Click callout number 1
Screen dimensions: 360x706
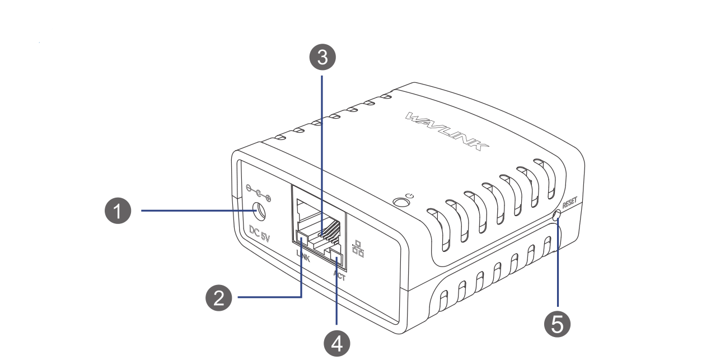tap(118, 211)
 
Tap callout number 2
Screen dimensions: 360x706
tap(219, 297)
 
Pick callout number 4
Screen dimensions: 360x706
tap(336, 342)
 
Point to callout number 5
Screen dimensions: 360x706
tap(558, 324)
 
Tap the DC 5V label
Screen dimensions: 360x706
tap(259, 233)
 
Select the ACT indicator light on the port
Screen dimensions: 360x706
tap(336, 258)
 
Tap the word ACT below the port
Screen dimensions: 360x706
tap(339, 274)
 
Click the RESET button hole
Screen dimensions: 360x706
tap(557, 216)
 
